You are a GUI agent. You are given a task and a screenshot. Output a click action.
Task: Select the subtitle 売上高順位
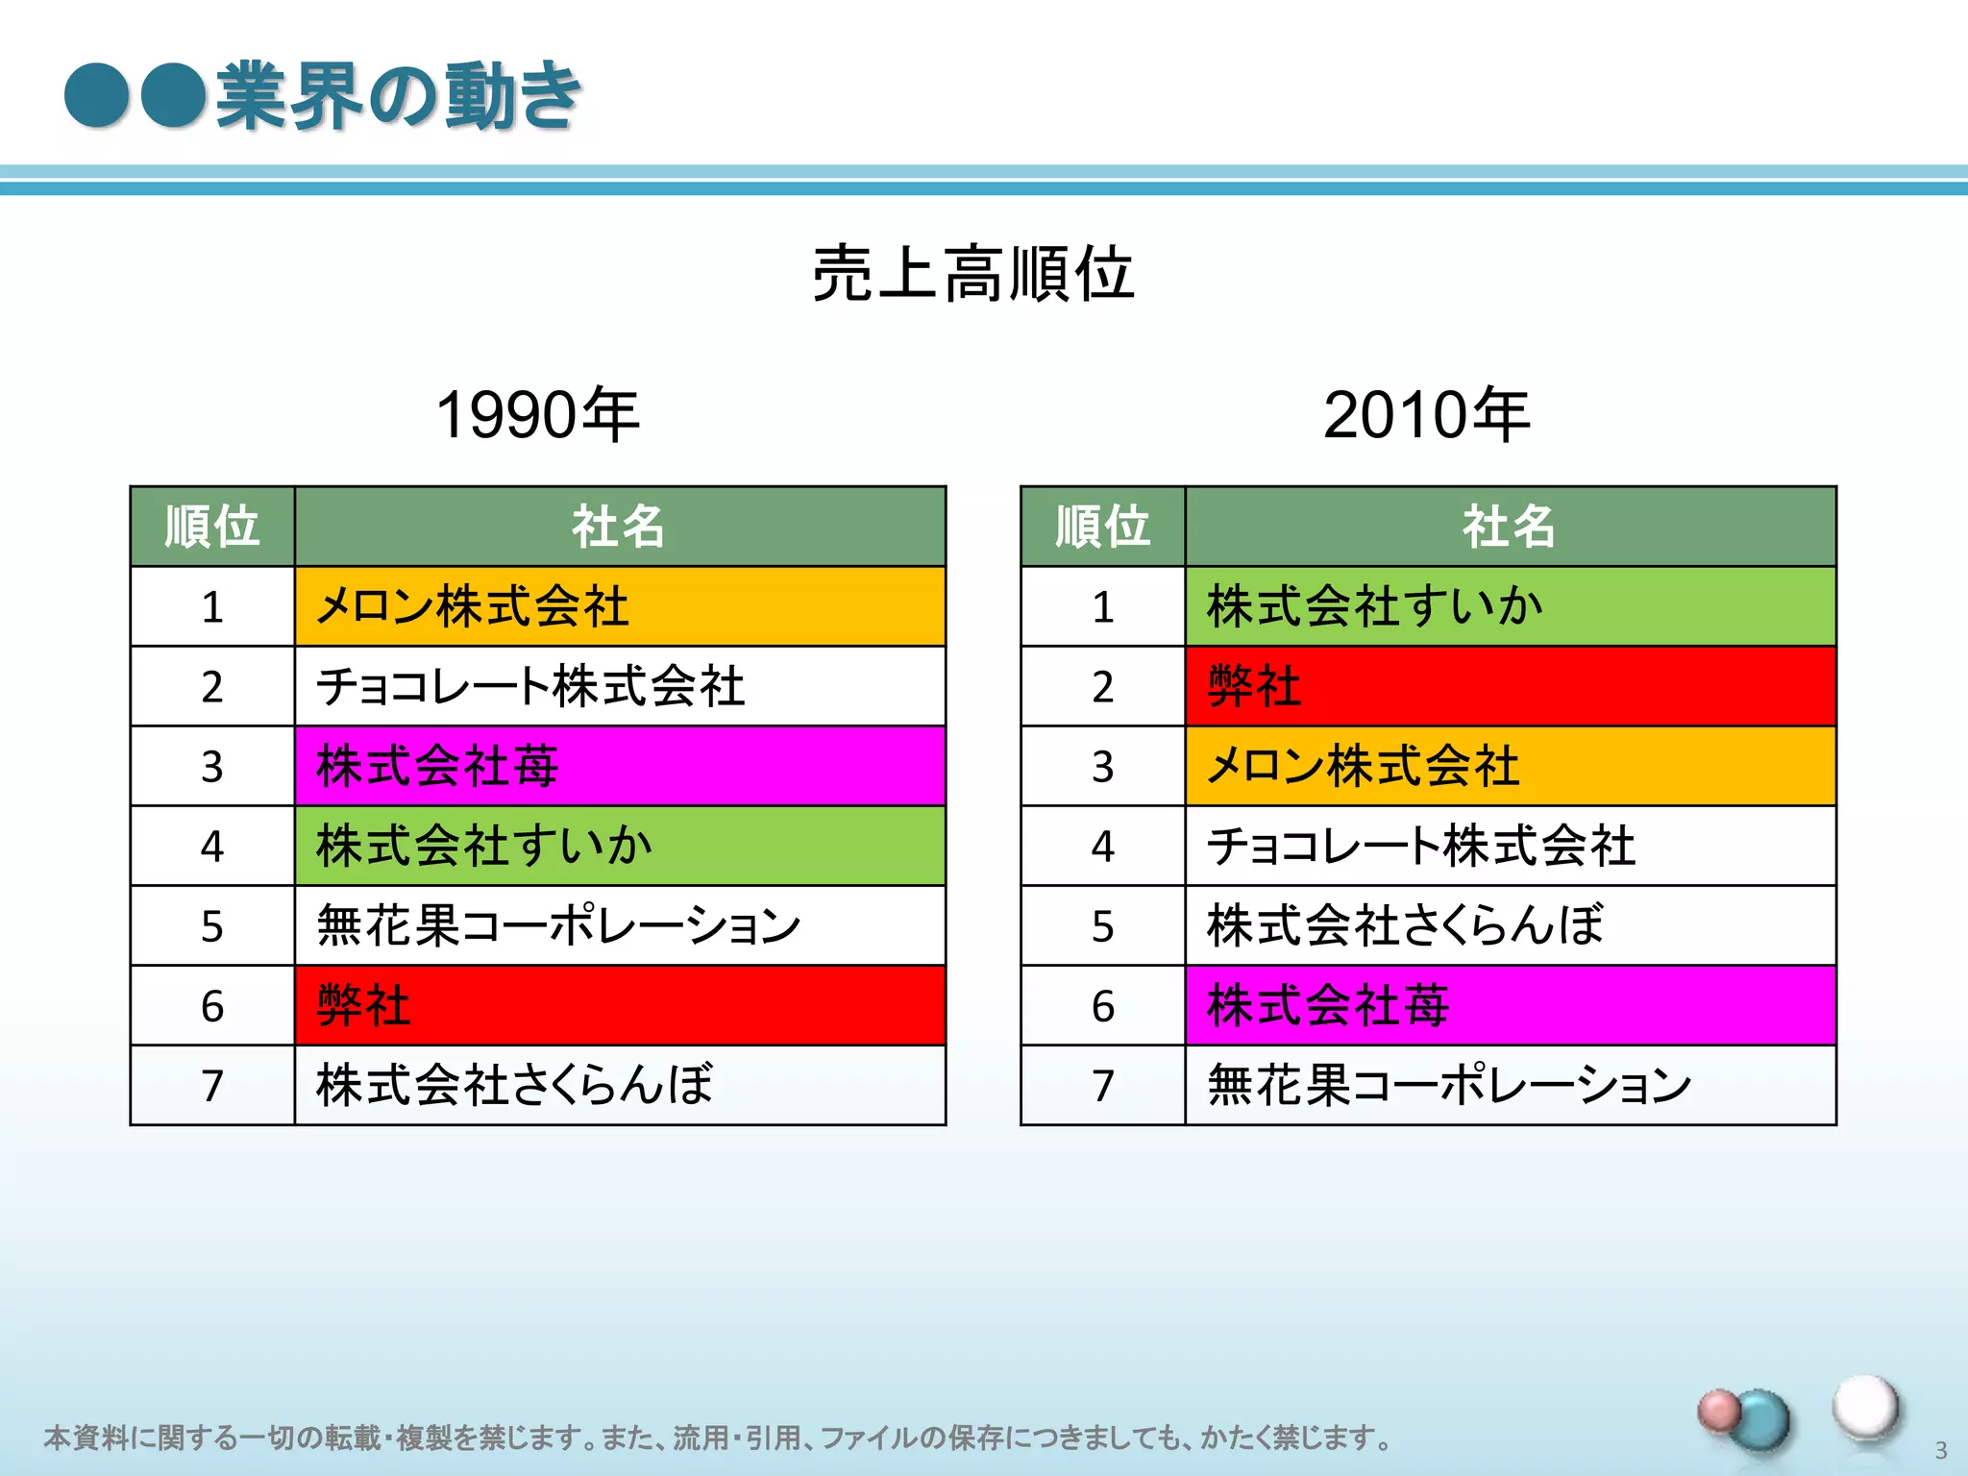click(972, 274)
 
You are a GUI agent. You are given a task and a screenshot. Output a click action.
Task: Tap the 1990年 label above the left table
click(537, 416)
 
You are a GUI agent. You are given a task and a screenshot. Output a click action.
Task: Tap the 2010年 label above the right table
click(1426, 416)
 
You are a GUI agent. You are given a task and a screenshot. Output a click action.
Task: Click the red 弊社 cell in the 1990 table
click(619, 1005)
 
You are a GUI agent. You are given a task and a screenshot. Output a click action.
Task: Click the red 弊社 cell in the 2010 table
click(1510, 686)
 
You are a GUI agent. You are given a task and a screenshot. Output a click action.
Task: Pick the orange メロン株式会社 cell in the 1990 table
click(619, 606)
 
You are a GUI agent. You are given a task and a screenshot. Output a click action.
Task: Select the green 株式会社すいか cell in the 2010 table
click(1510, 606)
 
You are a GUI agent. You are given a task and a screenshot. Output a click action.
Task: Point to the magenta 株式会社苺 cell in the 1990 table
click(619, 766)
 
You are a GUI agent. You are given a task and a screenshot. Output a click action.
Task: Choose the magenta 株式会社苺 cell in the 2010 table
click(1510, 1005)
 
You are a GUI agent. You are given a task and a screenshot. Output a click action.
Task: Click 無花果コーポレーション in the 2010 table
click(1449, 1085)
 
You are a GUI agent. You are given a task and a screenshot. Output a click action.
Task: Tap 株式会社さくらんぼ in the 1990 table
click(515, 1085)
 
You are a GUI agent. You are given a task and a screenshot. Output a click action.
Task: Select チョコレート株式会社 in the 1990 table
click(530, 686)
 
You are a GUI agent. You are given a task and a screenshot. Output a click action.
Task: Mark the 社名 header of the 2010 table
click(1510, 527)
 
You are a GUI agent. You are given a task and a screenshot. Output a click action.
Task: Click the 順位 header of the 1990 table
click(212, 527)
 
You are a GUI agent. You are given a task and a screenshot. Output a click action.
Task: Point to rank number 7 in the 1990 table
click(212, 1086)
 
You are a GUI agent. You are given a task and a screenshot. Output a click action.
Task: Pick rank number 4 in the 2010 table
click(1102, 847)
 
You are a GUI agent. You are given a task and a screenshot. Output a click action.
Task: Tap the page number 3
click(1940, 1450)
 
